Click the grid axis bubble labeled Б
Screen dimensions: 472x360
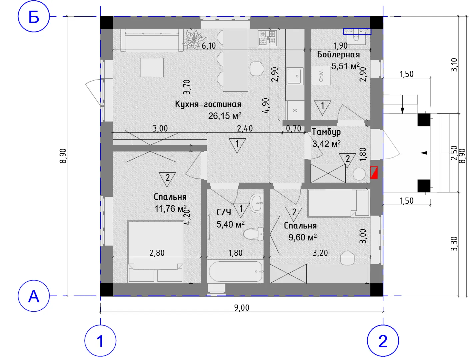(34, 16)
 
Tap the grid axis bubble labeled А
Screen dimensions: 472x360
(34, 296)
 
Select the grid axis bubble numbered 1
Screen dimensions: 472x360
(100, 341)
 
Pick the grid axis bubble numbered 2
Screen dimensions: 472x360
(383, 341)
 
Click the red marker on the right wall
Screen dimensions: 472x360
(374, 172)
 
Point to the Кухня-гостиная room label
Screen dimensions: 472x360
(208, 104)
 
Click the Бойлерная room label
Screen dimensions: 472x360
(338, 55)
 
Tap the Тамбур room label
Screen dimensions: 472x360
(326, 132)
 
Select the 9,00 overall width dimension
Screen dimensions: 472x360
(242, 308)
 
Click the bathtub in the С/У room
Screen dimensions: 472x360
(235, 271)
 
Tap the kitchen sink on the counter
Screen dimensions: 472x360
(295, 76)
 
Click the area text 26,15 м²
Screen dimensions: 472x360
(225, 116)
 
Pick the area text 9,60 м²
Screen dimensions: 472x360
(303, 237)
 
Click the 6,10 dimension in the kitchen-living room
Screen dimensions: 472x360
(209, 46)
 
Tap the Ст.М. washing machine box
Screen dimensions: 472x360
(321, 75)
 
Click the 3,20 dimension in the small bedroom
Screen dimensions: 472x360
(320, 253)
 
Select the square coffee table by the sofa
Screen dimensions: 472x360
(152, 67)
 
